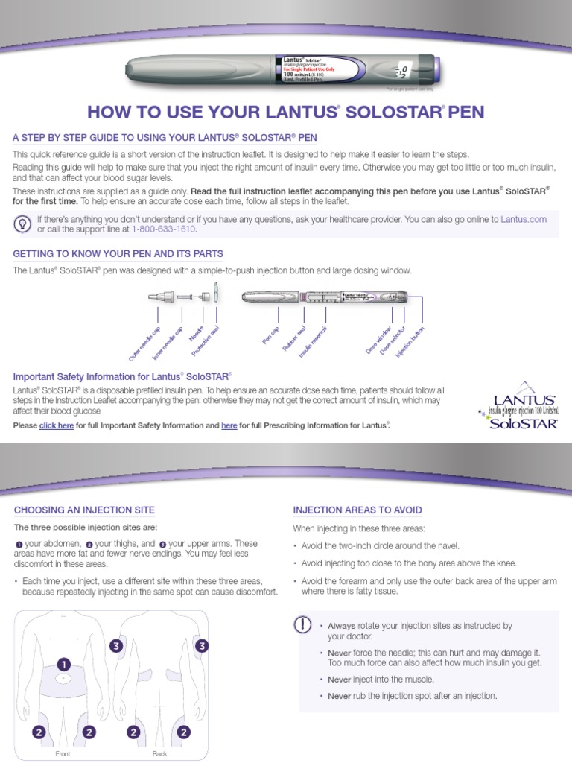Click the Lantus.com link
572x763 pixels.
point(524,219)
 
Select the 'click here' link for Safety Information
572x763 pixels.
point(57,425)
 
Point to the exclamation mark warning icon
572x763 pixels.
point(303,626)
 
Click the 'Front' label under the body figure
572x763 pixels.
point(63,754)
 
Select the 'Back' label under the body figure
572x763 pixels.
point(159,754)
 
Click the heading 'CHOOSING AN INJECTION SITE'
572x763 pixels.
point(84,510)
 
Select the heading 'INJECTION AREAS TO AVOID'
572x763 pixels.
point(357,510)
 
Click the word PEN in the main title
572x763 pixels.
point(466,113)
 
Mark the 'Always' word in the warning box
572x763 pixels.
point(341,626)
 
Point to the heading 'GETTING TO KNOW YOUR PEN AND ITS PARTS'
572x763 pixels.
point(118,254)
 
